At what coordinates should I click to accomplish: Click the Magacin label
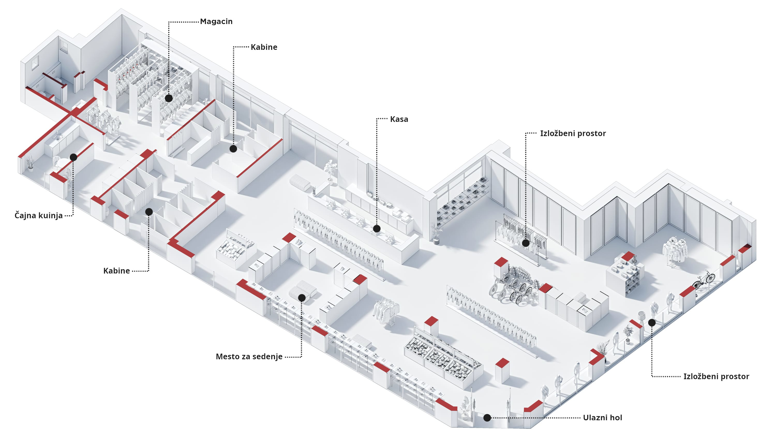pos(216,22)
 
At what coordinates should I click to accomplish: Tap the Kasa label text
pos(399,119)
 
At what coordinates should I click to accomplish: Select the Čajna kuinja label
pos(39,215)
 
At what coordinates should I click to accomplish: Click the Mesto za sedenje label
pos(249,356)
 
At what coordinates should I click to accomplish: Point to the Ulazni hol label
pos(602,418)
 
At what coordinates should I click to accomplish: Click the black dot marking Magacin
pos(169,98)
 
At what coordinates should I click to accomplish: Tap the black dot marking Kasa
pos(377,229)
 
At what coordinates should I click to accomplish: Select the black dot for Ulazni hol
pos(487,418)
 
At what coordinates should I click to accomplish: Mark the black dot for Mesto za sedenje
pos(302,298)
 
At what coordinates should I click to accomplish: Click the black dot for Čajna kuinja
pos(73,157)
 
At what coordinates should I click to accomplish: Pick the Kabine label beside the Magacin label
pos(264,47)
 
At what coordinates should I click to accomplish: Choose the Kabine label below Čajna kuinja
pos(116,271)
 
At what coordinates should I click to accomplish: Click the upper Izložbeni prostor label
pos(573,133)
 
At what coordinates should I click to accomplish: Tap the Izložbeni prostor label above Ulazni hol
pos(716,376)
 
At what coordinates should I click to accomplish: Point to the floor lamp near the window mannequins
pos(641,319)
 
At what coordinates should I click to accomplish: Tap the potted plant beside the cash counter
pos(331,170)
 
